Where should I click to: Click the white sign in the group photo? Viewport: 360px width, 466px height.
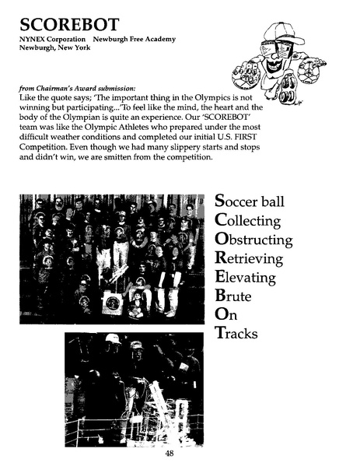tap(112, 302)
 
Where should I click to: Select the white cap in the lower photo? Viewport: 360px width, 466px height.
tap(113, 340)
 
